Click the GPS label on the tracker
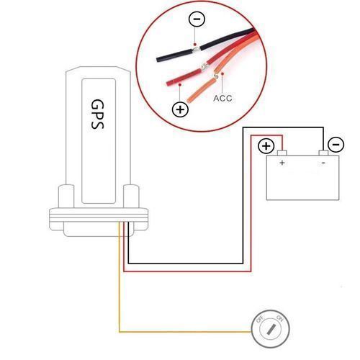(x=97, y=114)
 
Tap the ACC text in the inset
(x=222, y=98)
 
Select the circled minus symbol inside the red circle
(x=197, y=19)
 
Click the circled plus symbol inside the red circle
(x=180, y=109)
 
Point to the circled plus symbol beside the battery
(x=266, y=145)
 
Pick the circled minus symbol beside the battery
(x=336, y=145)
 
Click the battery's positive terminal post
(x=282, y=153)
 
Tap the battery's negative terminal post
(x=323, y=153)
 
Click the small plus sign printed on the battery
(x=282, y=163)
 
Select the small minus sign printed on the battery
(x=323, y=163)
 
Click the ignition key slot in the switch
(x=271, y=329)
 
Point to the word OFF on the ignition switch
(x=260, y=320)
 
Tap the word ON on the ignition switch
(x=280, y=318)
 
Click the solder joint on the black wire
(x=197, y=50)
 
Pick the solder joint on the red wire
(x=204, y=67)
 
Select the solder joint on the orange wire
(x=215, y=76)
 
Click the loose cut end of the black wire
(x=158, y=59)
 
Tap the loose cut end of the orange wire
(x=189, y=100)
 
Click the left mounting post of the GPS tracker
(x=66, y=196)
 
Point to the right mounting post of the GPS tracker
(x=131, y=196)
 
